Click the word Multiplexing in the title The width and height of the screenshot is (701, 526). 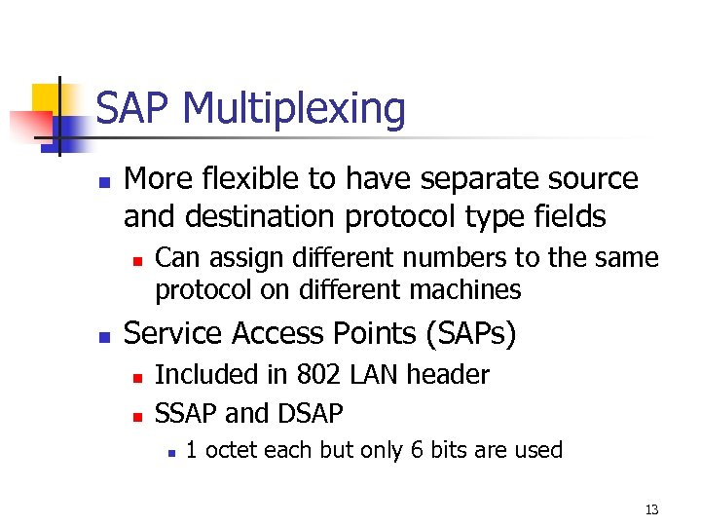tap(293, 109)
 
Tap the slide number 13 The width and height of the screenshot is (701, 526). tap(651, 509)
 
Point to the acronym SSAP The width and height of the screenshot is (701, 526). tap(187, 414)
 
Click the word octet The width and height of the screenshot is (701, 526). tap(229, 450)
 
